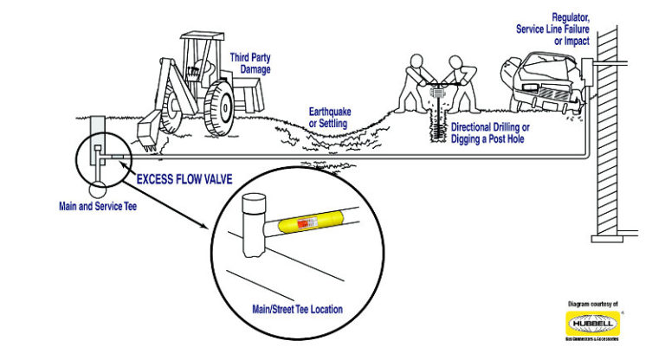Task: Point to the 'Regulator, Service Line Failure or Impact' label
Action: (x=561, y=29)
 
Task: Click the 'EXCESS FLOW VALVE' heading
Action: (x=186, y=178)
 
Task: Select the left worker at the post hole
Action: (x=417, y=81)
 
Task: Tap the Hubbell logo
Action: (x=593, y=324)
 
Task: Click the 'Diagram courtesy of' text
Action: (x=593, y=304)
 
